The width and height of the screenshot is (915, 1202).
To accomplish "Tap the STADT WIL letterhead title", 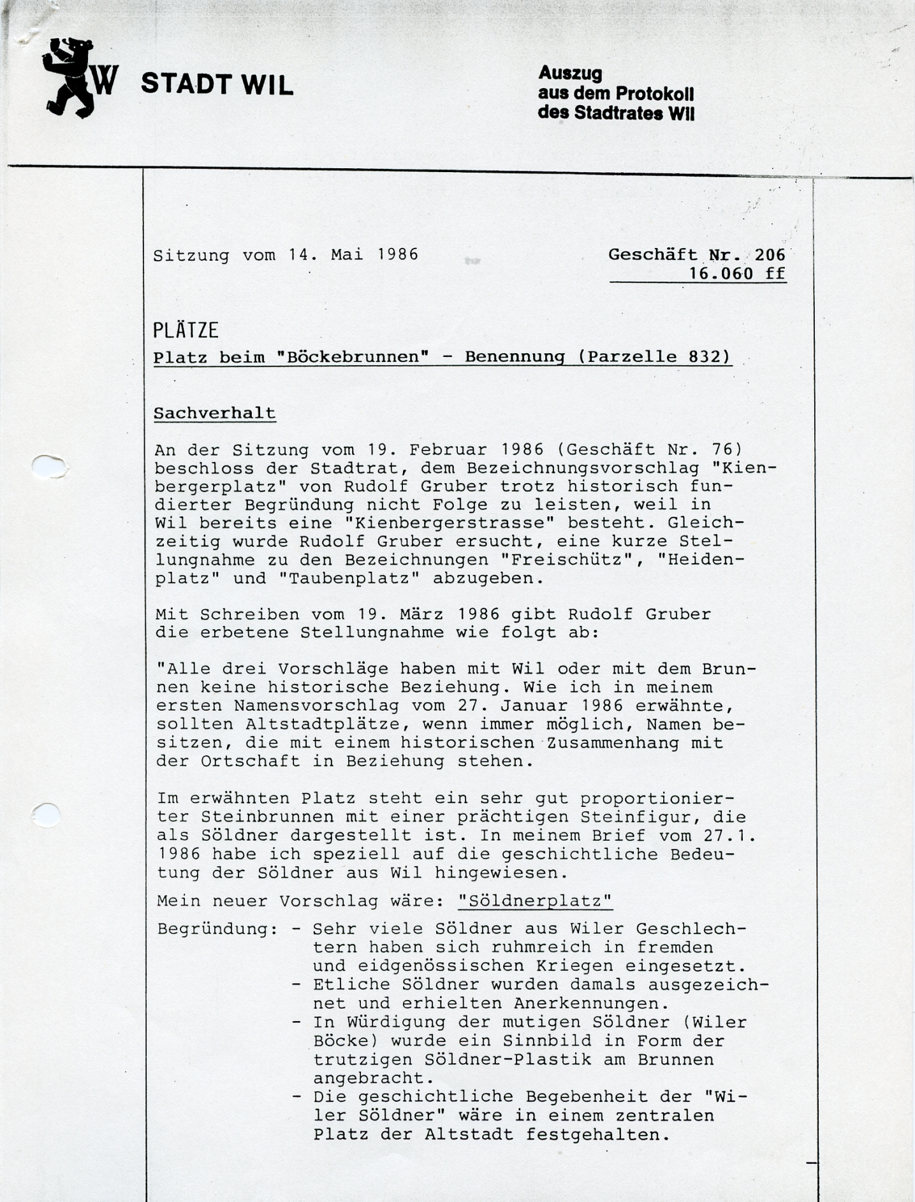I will pyautogui.click(x=217, y=85).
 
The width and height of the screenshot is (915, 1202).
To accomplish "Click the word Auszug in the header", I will pyautogui.click(x=570, y=73).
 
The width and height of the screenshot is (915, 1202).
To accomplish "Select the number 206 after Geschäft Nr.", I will pyautogui.click(x=770, y=255).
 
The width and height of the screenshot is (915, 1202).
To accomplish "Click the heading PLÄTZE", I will pyautogui.click(x=186, y=330).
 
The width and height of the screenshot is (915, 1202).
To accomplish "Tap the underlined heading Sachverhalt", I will pyautogui.click(x=215, y=413).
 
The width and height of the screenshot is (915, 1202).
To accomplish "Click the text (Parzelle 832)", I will pyautogui.click(x=654, y=357).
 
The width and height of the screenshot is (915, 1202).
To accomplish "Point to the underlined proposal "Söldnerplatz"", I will pyautogui.click(x=535, y=901).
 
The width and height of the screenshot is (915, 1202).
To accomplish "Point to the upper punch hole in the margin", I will pyautogui.click(x=50, y=467).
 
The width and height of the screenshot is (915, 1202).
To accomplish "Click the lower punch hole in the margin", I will pyautogui.click(x=46, y=815).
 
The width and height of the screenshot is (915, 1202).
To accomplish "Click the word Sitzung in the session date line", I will pyautogui.click(x=191, y=255).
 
